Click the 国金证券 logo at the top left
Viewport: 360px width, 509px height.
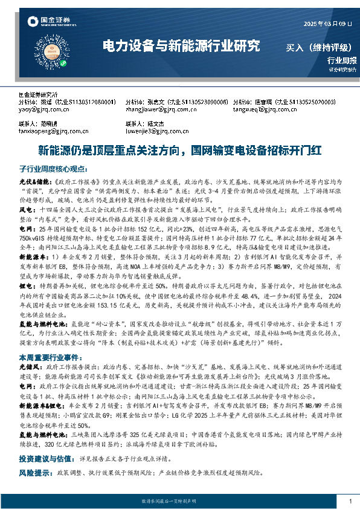pos(48,22)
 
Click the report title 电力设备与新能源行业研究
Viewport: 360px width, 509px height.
pos(182,45)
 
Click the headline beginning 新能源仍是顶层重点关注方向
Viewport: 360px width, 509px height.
pos(179,149)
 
